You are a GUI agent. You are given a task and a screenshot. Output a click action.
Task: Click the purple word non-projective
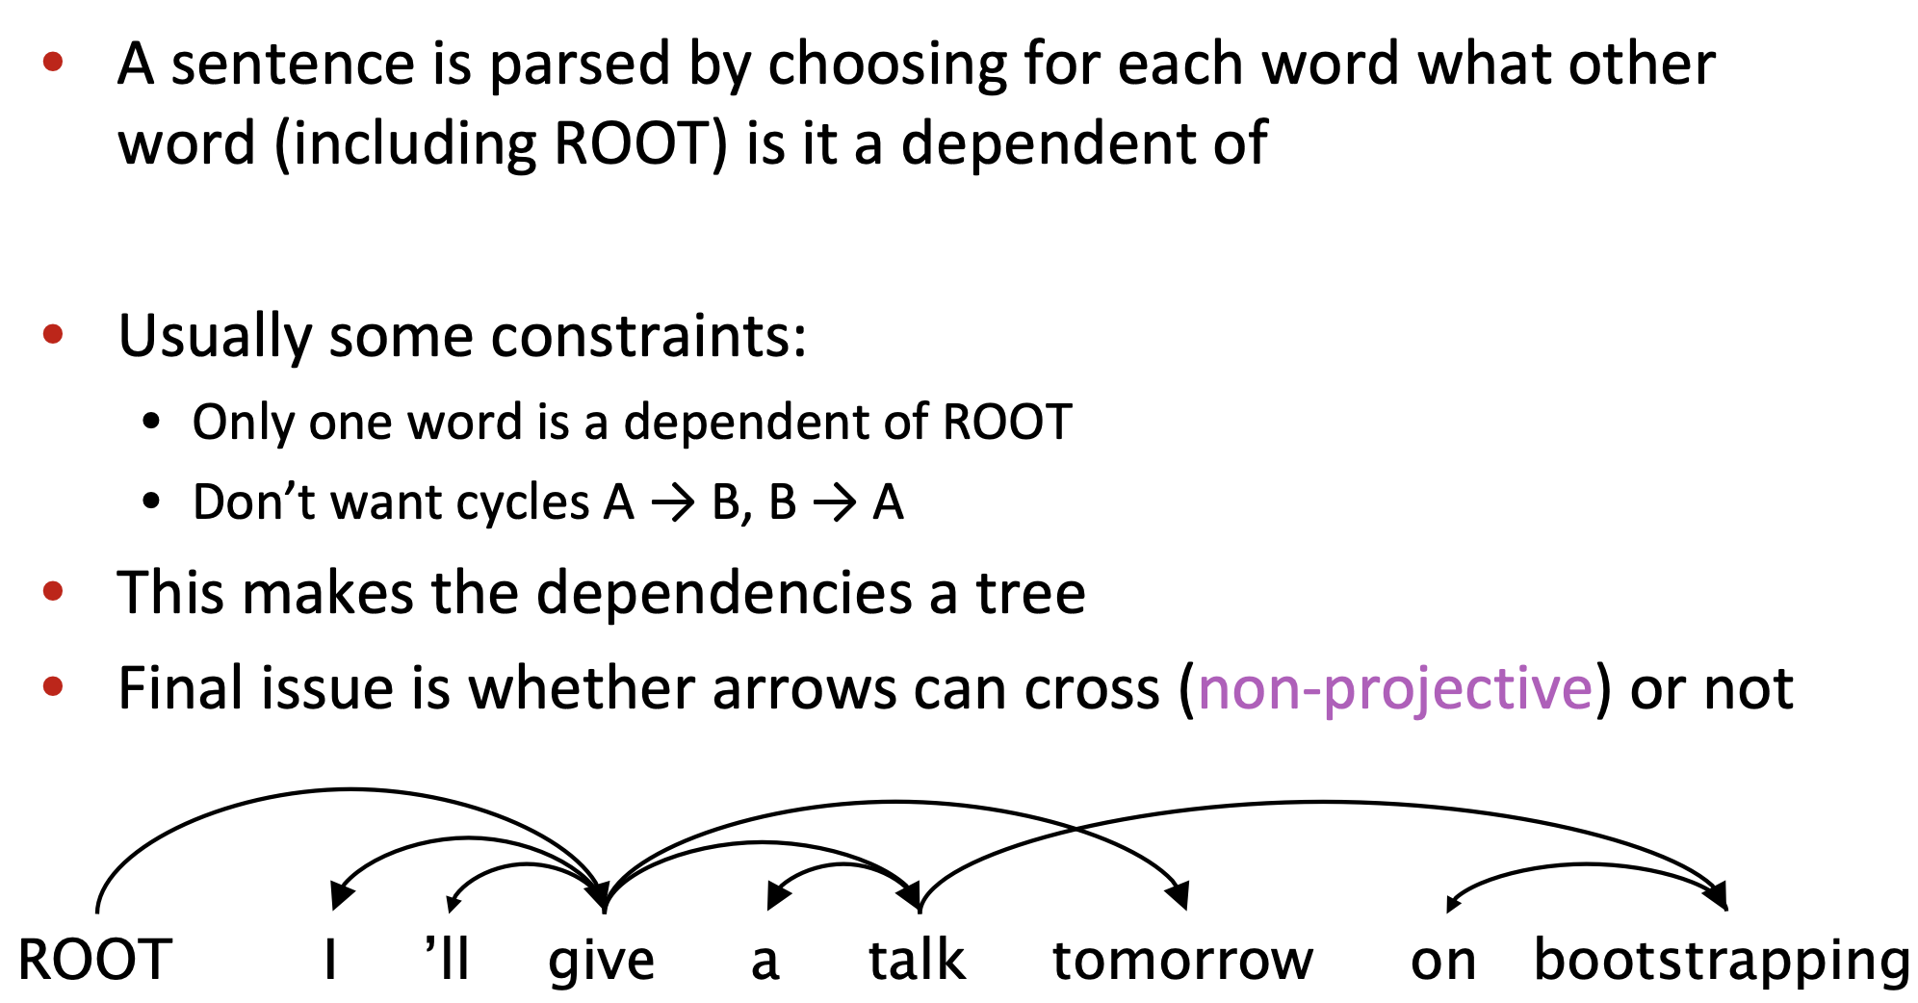coord(1395,689)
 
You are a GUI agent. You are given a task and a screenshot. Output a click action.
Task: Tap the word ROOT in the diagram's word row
coord(94,960)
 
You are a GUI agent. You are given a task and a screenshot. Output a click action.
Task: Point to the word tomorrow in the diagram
coord(1182,960)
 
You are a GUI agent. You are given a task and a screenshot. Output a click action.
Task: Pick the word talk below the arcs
coord(917,960)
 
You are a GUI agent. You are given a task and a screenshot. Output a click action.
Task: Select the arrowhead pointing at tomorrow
coord(1179,897)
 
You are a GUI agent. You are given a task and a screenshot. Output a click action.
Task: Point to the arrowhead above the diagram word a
coord(775,897)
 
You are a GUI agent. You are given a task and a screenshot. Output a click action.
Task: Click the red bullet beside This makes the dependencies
coord(53,591)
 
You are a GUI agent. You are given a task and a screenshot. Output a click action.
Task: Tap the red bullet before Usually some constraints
coord(53,334)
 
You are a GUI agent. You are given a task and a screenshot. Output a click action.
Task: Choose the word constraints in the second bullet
coord(648,336)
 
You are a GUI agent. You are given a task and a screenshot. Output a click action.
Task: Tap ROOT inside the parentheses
coord(633,143)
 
